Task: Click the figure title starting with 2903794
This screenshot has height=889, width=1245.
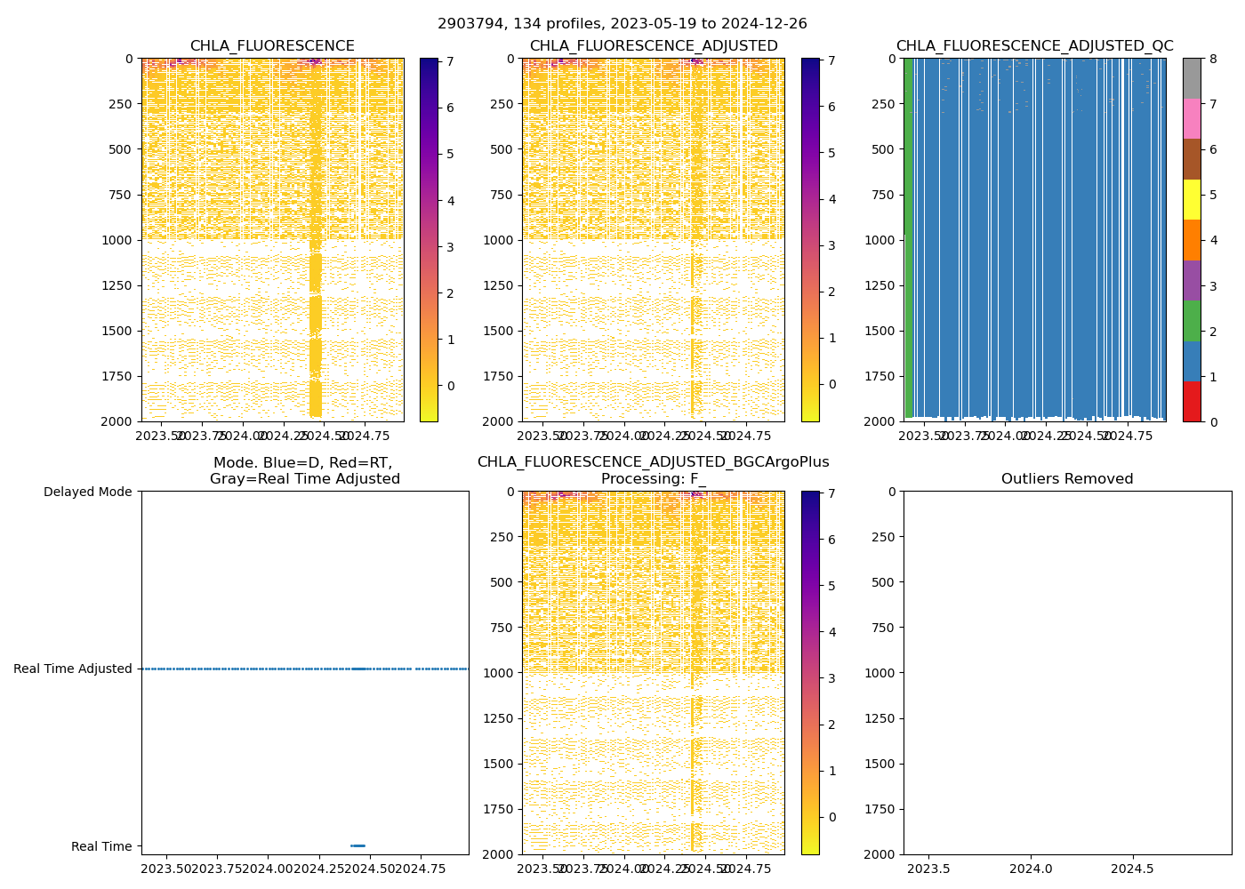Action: (622, 24)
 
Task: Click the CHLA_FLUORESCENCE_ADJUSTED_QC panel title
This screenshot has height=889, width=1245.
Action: (1034, 46)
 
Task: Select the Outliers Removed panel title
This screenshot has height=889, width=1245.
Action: (1067, 479)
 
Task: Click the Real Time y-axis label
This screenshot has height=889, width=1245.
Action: (101, 846)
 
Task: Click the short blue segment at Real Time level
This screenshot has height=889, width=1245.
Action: (357, 845)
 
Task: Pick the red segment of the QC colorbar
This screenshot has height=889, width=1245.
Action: (1192, 401)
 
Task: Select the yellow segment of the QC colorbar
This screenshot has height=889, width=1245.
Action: (1192, 199)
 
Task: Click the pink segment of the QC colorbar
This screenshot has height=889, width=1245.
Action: (1192, 118)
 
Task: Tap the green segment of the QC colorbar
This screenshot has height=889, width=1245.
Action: (1192, 320)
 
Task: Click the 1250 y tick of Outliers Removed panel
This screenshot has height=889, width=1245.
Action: (880, 718)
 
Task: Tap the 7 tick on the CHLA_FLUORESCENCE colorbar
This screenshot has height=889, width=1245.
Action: (451, 61)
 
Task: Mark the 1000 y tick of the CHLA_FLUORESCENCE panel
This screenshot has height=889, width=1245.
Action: (119, 240)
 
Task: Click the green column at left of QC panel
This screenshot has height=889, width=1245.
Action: (908, 240)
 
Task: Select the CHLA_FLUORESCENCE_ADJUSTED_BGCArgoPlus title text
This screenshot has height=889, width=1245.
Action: (653, 462)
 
